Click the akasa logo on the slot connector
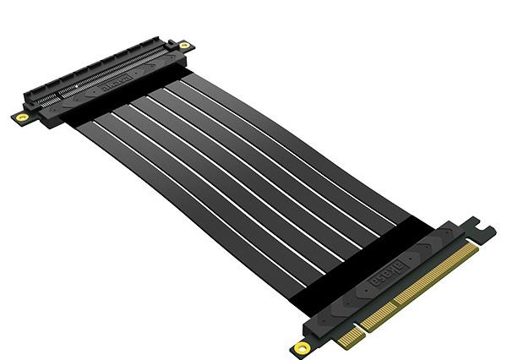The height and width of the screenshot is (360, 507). [x=116, y=85]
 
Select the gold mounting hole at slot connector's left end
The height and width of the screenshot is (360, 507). [x=20, y=116]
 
